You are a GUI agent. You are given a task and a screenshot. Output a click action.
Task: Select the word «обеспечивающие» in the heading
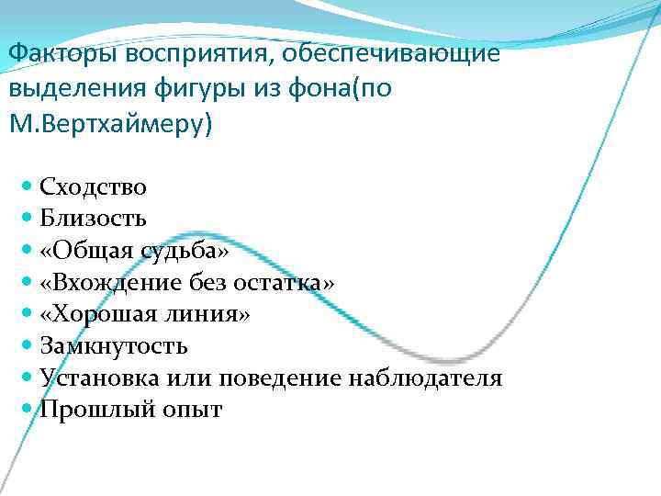coord(393,54)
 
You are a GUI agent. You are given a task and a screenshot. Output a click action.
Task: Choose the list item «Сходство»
coord(93,187)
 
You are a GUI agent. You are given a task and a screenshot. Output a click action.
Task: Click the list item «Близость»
coord(93,219)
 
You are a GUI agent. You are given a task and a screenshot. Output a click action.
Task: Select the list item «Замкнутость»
coord(114,346)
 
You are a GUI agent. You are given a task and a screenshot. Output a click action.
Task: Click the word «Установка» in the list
coord(105,378)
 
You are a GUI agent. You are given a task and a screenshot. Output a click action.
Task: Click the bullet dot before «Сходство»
coord(27,187)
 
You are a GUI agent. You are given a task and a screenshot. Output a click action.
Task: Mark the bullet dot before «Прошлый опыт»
coord(27,410)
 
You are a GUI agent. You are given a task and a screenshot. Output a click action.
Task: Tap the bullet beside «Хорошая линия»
coord(27,314)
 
